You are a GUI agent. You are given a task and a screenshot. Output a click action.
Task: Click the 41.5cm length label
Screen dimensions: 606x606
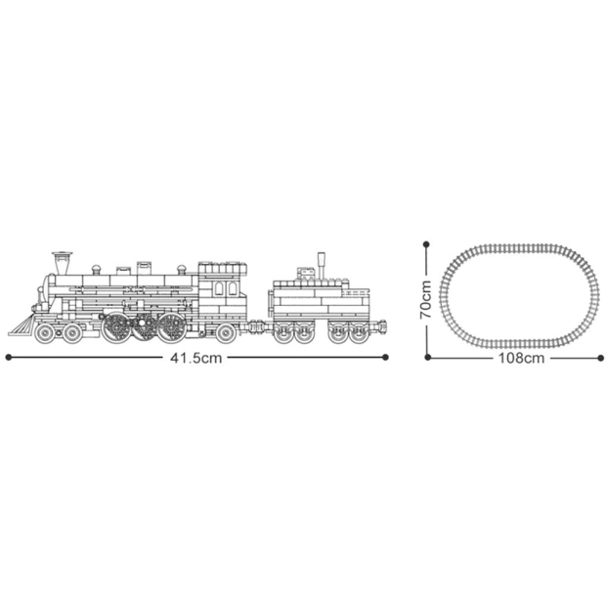point(196,358)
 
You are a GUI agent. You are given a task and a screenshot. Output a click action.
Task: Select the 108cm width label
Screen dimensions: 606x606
point(520,358)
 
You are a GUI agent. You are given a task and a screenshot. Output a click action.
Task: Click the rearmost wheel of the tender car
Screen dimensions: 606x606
point(359,334)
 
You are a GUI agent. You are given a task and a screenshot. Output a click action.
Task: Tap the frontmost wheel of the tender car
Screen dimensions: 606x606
point(283,334)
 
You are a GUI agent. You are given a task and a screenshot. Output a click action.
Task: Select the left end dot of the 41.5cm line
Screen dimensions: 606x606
point(8,358)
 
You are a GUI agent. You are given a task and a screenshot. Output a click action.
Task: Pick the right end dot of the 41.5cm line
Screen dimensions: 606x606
point(387,358)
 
